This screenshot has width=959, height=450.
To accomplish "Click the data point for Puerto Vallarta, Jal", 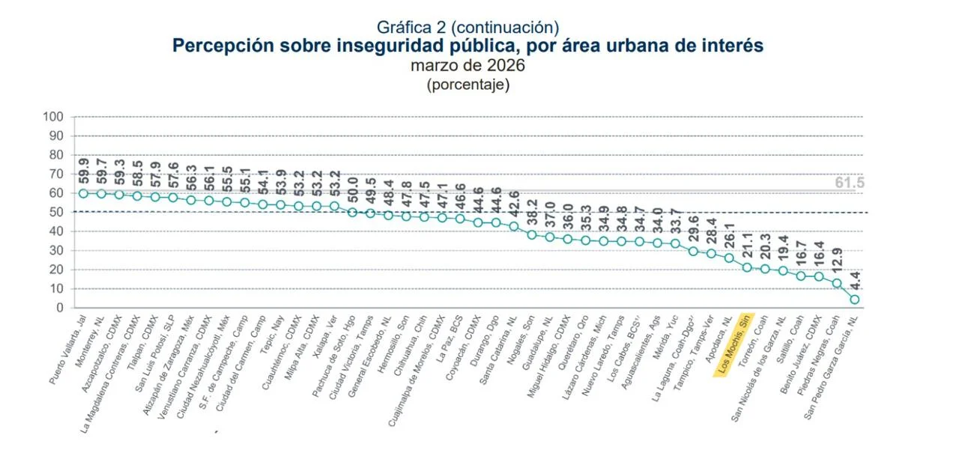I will click(x=84, y=193).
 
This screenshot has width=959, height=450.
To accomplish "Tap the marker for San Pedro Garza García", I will click(x=854, y=300).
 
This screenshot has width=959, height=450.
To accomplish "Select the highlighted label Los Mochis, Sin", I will click(x=735, y=345).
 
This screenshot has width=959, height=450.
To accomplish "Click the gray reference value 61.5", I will click(x=850, y=183).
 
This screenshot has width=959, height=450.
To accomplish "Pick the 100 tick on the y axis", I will click(x=53, y=117).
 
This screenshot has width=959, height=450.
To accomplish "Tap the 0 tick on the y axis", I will click(x=59, y=308).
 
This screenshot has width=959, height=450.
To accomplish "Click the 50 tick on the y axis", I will click(x=56, y=213).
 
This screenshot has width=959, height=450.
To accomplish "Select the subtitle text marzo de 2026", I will click(x=468, y=65).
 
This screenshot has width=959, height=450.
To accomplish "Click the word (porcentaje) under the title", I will click(x=468, y=84).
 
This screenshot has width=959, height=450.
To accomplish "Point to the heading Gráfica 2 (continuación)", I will click(x=468, y=28).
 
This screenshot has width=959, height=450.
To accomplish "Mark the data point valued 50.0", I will click(x=353, y=212).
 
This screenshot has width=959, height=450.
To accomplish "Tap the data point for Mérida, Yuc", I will click(x=675, y=243).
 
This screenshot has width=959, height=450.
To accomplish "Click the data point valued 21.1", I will click(x=747, y=267).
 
